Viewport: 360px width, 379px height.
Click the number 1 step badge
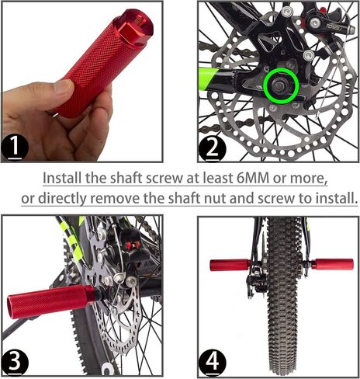pos(15,148)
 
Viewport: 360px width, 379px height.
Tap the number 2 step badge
pos(212,149)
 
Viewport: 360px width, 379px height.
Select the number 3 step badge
pos(15,362)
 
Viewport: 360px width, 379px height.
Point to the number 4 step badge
pos(212,362)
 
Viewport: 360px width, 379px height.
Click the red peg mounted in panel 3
pos(52,301)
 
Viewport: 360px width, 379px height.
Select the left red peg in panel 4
pos(230,265)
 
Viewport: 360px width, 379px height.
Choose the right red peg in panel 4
pos(332,265)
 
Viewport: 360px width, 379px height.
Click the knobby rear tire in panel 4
pos(282,295)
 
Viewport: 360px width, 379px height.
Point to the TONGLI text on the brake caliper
pos(334,27)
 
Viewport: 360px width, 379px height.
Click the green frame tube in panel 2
pos(209,77)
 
